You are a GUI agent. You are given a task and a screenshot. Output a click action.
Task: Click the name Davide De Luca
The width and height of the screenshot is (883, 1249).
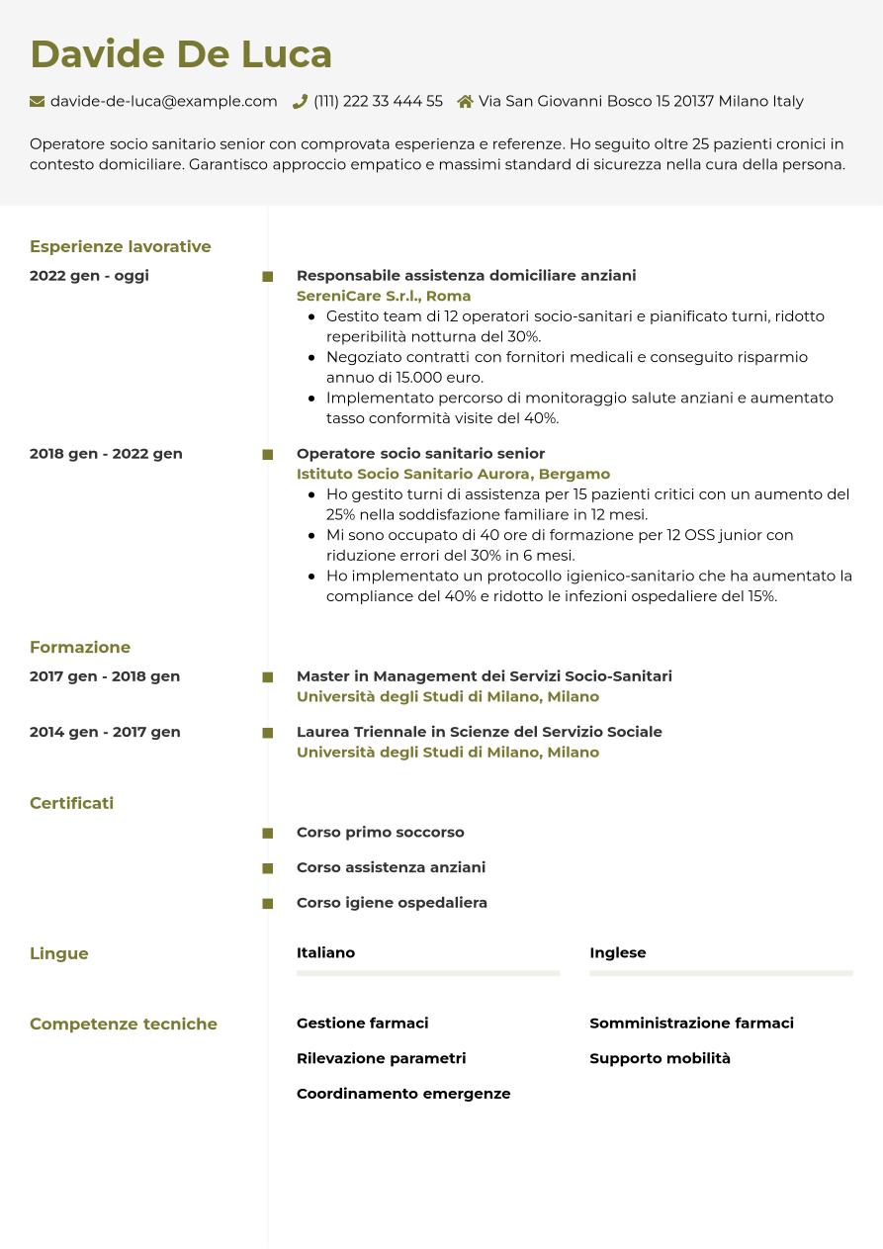(x=181, y=54)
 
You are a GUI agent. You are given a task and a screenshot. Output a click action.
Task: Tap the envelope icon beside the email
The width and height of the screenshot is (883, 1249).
(x=38, y=101)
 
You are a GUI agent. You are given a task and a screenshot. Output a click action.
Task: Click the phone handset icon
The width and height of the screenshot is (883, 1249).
(x=300, y=101)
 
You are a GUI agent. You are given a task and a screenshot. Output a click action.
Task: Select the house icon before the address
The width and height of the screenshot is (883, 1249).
(x=465, y=101)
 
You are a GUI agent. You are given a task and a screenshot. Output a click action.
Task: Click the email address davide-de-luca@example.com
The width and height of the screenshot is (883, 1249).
(x=163, y=101)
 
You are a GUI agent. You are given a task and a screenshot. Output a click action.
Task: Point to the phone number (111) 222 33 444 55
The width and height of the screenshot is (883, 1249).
(x=378, y=101)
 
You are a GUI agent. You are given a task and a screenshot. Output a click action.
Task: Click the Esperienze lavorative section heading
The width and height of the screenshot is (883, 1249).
(x=120, y=246)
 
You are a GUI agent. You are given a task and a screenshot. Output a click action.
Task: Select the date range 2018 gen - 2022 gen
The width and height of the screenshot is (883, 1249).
(x=106, y=454)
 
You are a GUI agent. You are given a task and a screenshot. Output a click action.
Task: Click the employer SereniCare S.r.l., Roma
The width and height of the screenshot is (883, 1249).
(x=384, y=296)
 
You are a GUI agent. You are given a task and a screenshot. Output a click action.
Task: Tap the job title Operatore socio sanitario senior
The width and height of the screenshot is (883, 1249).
(x=420, y=454)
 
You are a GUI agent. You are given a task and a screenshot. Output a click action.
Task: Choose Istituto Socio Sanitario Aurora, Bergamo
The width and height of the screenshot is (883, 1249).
(x=453, y=474)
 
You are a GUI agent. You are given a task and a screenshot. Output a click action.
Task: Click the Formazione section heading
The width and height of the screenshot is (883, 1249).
(x=80, y=647)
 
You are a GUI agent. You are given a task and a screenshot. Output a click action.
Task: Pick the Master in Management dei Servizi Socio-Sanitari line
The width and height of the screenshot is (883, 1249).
(x=484, y=676)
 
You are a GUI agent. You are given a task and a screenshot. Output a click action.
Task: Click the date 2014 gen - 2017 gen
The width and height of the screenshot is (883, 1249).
(x=105, y=732)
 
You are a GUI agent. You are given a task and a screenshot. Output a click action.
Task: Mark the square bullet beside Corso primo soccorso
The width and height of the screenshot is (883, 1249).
(x=267, y=834)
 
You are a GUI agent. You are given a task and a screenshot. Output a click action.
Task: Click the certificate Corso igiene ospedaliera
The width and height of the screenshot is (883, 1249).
(x=392, y=903)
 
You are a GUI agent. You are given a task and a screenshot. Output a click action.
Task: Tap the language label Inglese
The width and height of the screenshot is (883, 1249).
(x=617, y=952)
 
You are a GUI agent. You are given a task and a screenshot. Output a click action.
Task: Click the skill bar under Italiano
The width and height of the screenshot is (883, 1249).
(x=427, y=973)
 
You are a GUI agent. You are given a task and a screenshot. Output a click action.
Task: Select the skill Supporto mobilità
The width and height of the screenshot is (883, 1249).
(x=660, y=1058)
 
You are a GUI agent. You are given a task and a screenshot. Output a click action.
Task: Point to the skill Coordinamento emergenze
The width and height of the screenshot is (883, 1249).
(x=403, y=1094)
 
